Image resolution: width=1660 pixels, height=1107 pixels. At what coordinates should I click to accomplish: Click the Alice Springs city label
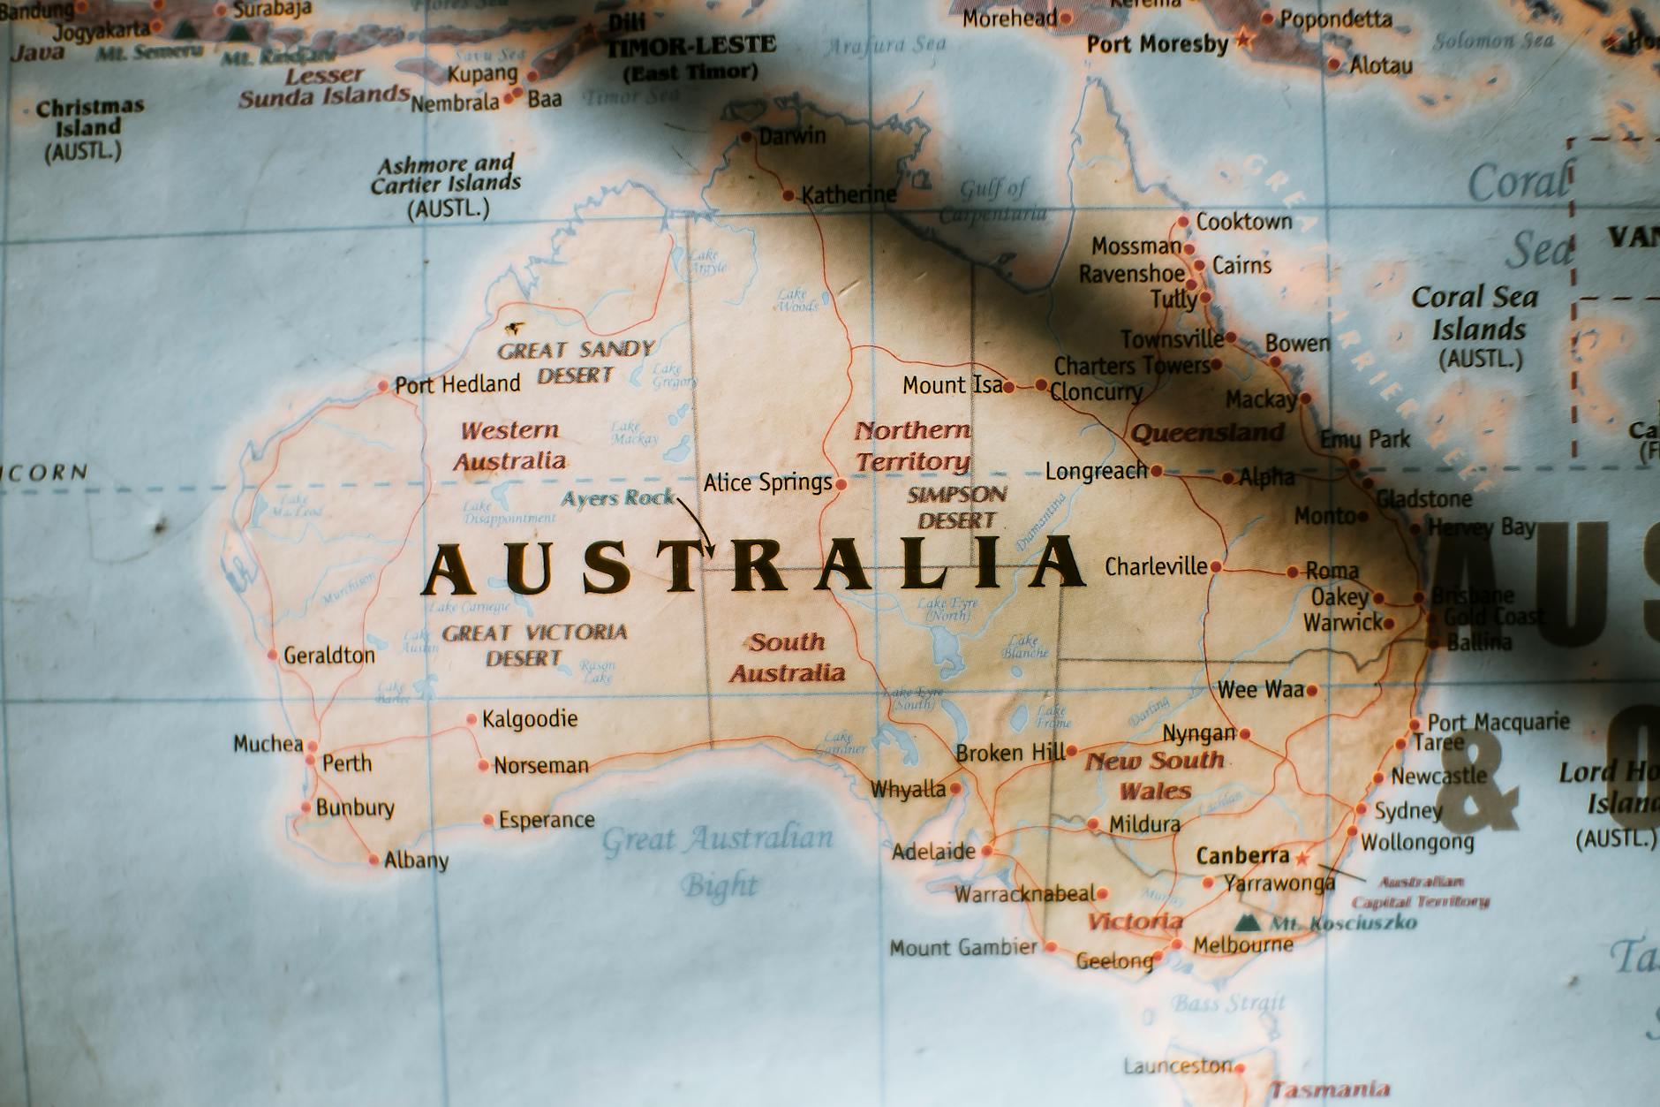[767, 483]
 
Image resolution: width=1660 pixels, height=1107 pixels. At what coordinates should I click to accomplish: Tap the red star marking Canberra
[1303, 856]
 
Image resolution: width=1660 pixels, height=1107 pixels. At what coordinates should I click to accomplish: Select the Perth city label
[347, 763]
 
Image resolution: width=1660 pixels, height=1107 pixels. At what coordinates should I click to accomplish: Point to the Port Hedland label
[457, 385]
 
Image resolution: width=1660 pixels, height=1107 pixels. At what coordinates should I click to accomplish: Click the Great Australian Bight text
[717, 860]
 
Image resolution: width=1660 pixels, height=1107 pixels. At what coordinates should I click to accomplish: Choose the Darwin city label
[792, 136]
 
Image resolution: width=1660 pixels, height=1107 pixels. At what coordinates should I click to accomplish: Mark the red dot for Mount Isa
[1008, 387]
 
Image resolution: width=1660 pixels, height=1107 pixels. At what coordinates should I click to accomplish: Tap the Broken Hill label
[1010, 753]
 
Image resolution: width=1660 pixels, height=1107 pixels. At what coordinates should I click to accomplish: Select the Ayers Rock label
[617, 498]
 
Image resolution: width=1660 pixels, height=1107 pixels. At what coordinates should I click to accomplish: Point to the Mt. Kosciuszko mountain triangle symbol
[1247, 923]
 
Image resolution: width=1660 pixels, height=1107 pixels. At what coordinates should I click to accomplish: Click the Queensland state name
[1208, 433]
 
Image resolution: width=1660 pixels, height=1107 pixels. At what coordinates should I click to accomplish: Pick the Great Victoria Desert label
[533, 645]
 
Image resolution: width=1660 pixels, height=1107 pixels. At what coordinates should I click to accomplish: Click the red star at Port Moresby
[1244, 38]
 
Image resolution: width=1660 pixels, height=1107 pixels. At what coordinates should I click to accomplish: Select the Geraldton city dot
[273, 656]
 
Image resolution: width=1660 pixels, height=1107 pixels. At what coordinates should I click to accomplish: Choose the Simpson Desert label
[957, 507]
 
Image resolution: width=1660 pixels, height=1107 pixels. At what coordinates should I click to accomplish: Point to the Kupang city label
[482, 74]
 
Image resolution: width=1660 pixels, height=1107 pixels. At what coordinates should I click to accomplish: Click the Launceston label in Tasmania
[1178, 1066]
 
